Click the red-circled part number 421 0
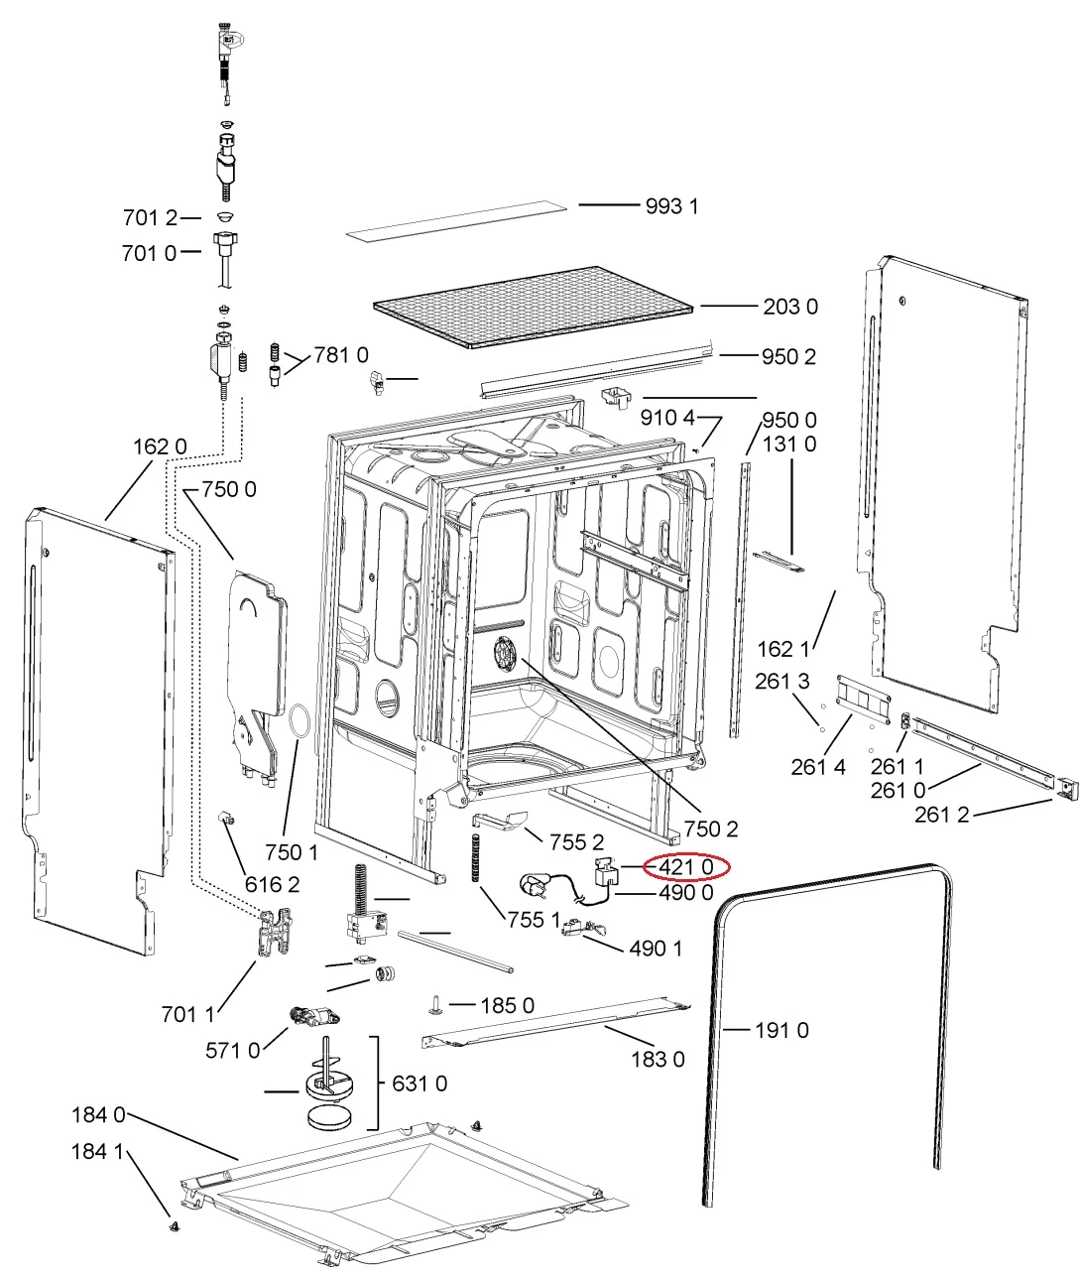click(x=685, y=867)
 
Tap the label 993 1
click(x=671, y=206)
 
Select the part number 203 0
click(x=790, y=307)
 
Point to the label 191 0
click(x=781, y=1030)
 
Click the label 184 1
click(x=97, y=1151)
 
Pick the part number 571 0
click(x=233, y=1050)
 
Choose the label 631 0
click(x=420, y=1083)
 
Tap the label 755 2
click(x=577, y=842)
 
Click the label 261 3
click(x=781, y=681)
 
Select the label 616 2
click(x=273, y=885)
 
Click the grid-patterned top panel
click(x=534, y=307)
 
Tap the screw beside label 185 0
click(x=437, y=1004)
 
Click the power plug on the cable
click(x=533, y=885)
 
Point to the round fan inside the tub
click(x=507, y=653)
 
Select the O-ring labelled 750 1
click(x=300, y=720)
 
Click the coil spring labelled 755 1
click(x=476, y=857)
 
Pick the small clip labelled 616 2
click(x=226, y=820)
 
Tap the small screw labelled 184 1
click(x=175, y=1224)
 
